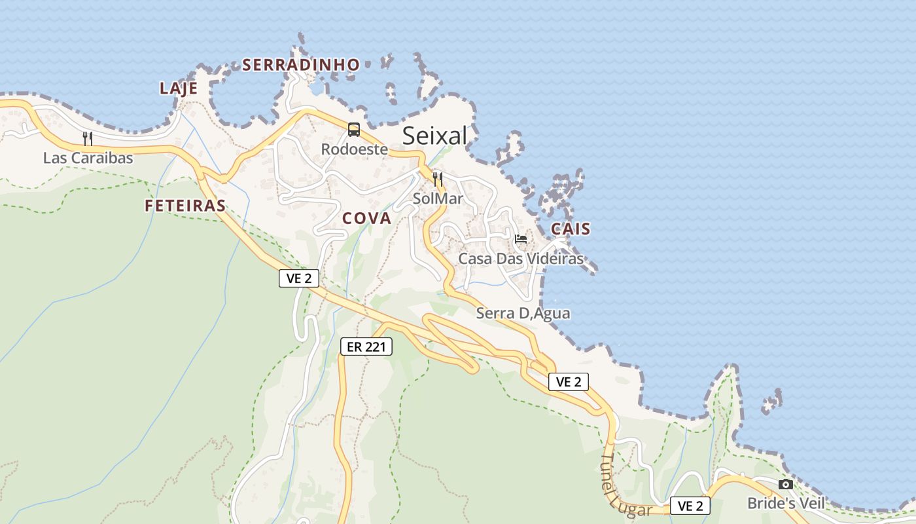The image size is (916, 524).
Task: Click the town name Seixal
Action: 434,136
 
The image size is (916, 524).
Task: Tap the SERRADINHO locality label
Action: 301,65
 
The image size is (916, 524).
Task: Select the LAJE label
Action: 179,88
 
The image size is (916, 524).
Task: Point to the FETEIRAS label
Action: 185,206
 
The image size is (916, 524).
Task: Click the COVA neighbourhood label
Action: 367,219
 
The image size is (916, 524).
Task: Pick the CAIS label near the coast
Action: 571,229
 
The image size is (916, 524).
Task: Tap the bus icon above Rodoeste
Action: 354,130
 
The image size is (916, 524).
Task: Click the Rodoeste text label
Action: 354,149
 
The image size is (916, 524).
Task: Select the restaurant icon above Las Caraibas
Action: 88,138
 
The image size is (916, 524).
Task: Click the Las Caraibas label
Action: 88,158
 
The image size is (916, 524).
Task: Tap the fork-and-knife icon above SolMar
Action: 438,178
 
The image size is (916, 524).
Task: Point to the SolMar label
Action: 438,198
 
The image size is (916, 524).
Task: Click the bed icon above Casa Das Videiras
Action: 521,238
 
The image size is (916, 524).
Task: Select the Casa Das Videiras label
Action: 520,259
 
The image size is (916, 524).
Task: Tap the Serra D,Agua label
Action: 523,314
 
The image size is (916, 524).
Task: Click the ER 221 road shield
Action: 366,346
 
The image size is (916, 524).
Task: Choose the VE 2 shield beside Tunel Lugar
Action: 690,506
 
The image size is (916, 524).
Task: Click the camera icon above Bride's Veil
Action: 786,484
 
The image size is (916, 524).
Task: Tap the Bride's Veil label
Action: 786,503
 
